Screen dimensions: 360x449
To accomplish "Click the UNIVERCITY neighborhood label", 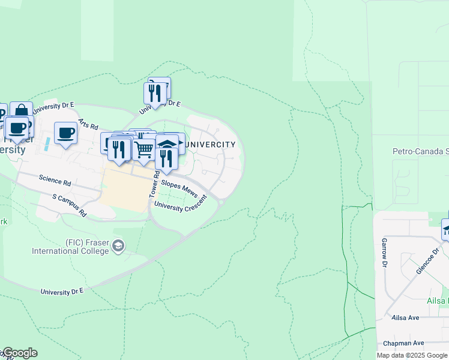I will click(211, 145).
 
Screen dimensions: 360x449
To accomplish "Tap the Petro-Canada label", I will click(420, 152).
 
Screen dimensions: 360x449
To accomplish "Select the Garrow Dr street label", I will click(384, 253).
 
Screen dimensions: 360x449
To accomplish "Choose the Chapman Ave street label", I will click(404, 343).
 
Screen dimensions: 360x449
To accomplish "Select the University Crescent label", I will click(180, 206).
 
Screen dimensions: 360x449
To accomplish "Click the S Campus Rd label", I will click(69, 205).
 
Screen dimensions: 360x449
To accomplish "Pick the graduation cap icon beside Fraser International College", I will click(119, 245).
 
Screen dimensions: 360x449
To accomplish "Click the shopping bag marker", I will click(21, 110).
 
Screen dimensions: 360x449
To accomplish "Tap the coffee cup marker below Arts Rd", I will click(65, 133).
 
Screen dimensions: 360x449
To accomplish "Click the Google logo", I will click(19, 353).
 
